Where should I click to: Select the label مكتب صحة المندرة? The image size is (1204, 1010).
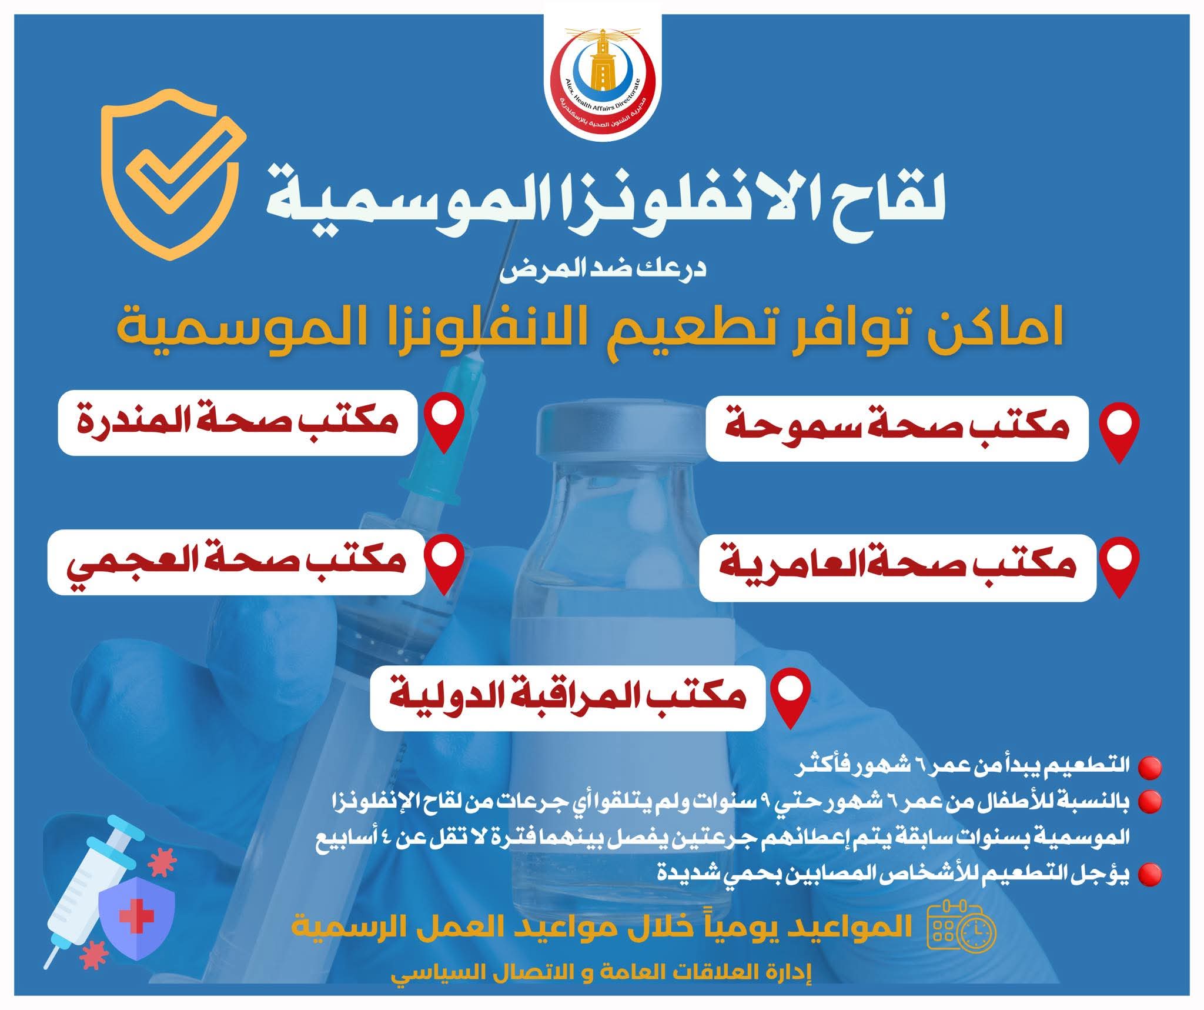238,422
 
